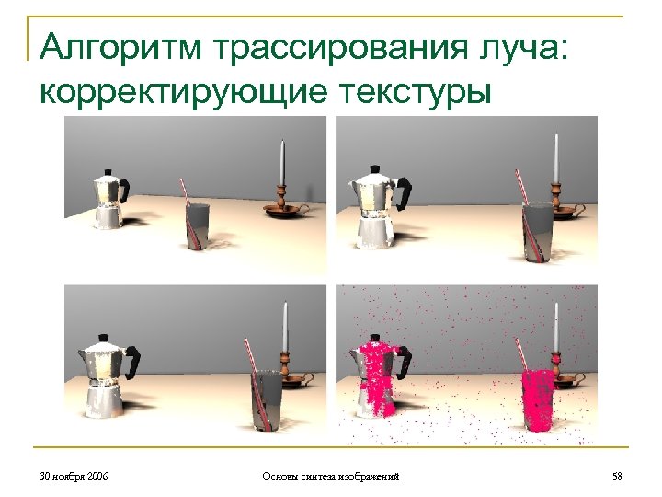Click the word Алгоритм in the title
click(121, 47)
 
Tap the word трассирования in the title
click(341, 50)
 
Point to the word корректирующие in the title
click(183, 94)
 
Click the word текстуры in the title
click(415, 94)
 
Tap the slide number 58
click(617, 477)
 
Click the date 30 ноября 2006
click(74, 477)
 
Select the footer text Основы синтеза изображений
click(331, 477)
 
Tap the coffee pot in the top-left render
click(109, 200)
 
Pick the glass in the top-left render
click(198, 226)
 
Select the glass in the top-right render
click(538, 232)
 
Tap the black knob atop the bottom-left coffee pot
click(103, 339)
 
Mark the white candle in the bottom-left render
click(285, 327)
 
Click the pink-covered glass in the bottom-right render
click(538, 400)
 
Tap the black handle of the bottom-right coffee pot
click(404, 363)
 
